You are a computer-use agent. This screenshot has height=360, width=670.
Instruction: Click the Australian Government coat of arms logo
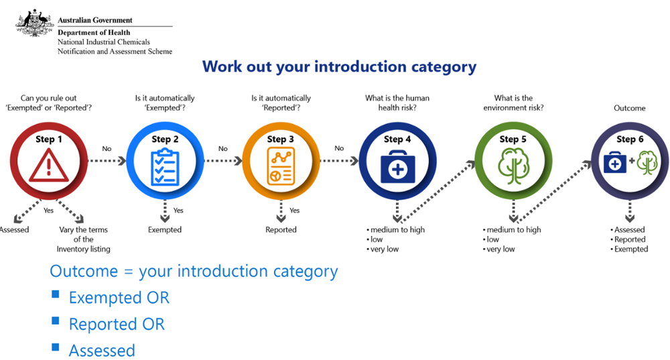click(x=34, y=23)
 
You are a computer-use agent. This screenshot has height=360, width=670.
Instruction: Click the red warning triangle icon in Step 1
click(x=49, y=165)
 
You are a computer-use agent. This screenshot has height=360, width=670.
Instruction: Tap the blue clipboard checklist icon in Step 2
click(x=165, y=167)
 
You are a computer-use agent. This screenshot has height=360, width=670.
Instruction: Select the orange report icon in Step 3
click(x=281, y=166)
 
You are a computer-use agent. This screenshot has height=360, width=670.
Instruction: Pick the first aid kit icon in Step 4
click(x=397, y=167)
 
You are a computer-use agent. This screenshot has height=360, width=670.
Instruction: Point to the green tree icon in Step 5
click(x=513, y=166)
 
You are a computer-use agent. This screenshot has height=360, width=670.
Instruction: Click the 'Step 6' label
click(x=630, y=139)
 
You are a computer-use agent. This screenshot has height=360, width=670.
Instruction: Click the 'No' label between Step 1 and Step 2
click(x=107, y=149)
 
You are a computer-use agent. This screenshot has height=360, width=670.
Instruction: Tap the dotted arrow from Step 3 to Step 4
click(x=339, y=161)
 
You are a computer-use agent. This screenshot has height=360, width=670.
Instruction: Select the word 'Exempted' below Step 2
click(x=165, y=229)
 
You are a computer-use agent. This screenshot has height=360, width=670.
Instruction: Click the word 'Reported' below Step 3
click(x=281, y=229)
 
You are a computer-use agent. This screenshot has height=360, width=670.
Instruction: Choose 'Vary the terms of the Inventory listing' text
click(x=83, y=239)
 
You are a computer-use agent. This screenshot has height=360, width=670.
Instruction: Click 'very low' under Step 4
click(x=385, y=249)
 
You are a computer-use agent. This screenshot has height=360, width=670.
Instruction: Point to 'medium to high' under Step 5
click(x=514, y=229)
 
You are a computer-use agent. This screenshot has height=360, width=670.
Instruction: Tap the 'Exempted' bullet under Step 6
click(x=631, y=249)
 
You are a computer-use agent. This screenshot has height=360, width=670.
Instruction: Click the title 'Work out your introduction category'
click(x=339, y=67)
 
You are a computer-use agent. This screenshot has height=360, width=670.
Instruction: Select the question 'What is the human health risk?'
click(x=397, y=103)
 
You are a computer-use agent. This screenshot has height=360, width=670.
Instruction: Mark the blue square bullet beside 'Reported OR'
click(x=56, y=320)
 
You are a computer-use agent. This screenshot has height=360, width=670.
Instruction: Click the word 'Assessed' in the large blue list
click(x=102, y=351)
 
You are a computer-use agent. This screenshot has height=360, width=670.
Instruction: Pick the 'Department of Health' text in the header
click(x=94, y=32)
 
